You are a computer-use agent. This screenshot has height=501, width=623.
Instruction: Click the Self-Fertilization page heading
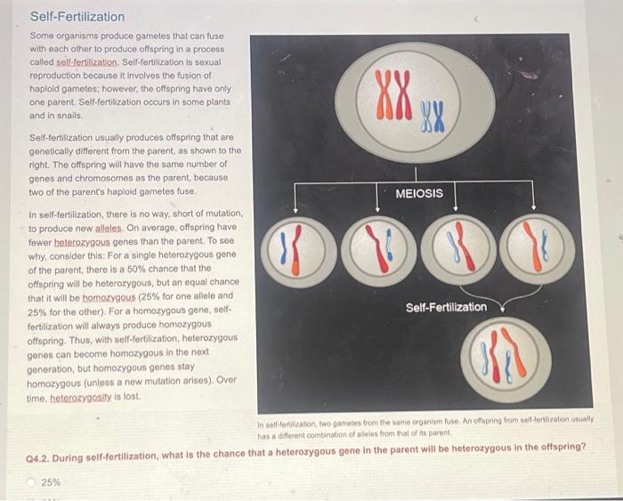pyautogui.click(x=77, y=17)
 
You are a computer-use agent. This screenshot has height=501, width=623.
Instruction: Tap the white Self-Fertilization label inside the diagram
pyautogui.click(x=447, y=307)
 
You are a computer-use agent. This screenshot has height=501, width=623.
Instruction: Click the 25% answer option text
pyautogui.click(x=52, y=482)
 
